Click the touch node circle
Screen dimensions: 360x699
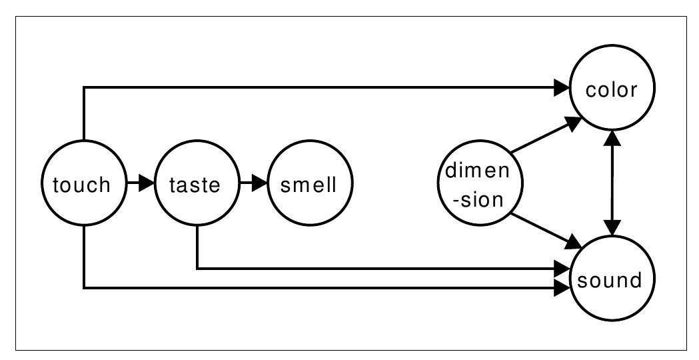(83, 184)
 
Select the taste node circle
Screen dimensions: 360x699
(196, 184)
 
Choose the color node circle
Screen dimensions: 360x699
(612, 89)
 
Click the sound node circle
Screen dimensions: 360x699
(612, 279)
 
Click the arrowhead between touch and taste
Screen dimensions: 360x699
(145, 183)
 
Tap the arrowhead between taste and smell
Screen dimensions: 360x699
(259, 183)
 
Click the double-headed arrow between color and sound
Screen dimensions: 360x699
(612, 184)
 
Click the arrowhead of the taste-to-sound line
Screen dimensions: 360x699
(562, 269)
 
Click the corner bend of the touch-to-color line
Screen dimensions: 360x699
(83, 87)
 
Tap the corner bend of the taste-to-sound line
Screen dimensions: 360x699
(197, 269)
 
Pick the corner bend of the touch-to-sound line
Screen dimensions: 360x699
(83, 288)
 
